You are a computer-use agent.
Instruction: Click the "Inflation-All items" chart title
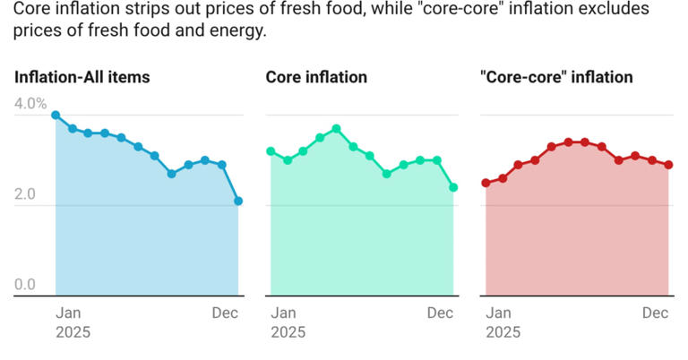coord(82,77)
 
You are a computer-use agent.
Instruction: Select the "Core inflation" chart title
coord(316,77)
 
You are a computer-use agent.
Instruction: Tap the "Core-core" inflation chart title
coord(556,77)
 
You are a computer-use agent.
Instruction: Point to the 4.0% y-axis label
coord(30,104)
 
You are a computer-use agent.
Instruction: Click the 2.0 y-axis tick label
coord(24,194)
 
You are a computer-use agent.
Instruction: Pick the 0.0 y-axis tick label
coord(24,285)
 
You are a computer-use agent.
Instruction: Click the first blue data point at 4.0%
coord(56,116)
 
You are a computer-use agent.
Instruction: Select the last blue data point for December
coord(238,201)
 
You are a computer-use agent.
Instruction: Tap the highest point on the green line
coord(337,129)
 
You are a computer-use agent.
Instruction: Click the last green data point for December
coord(453,187)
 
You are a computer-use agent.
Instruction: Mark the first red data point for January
coord(486,183)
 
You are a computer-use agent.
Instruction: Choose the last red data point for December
coord(668,165)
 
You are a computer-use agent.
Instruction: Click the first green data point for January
coord(271,151)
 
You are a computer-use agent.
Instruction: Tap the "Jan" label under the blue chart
coord(68,313)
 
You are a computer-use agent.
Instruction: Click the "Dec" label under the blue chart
coord(224,313)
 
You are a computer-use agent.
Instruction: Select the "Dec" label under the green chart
coord(440,313)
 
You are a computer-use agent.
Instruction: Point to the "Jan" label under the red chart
coord(498,313)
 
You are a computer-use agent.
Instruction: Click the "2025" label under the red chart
coord(503,332)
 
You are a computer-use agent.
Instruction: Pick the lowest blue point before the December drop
coord(171,174)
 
